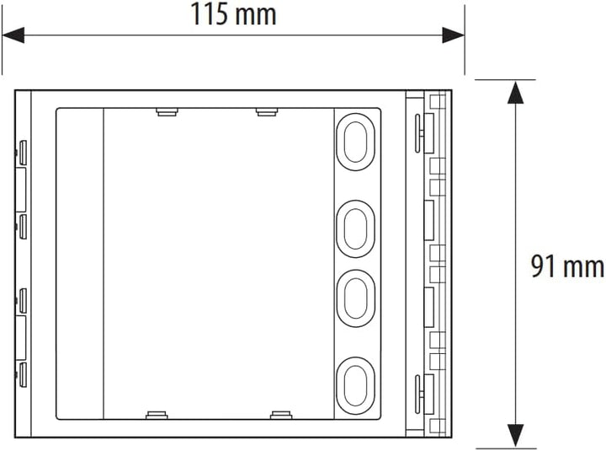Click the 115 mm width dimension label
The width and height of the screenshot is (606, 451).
click(232, 14)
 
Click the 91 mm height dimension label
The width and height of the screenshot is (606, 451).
click(566, 266)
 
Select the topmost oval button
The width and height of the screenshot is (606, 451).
click(356, 140)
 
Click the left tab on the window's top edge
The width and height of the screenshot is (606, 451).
click(165, 110)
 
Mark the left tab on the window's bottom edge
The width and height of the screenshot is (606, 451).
click(157, 414)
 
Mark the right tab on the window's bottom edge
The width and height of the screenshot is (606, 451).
click(281, 414)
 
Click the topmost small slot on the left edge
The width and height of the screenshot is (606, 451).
click(24, 153)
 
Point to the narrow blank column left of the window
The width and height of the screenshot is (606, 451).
click(79, 263)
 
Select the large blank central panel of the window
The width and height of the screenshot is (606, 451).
click(217, 263)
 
